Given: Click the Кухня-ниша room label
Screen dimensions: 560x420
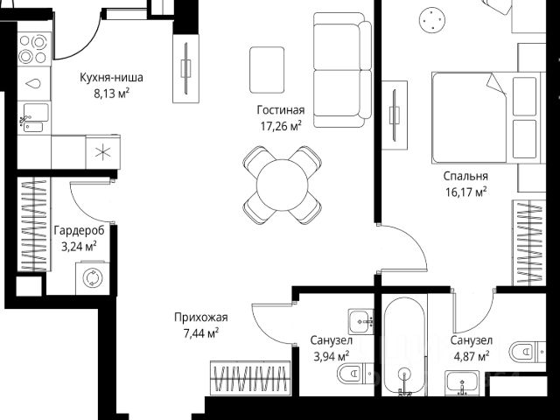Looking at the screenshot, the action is [111, 78].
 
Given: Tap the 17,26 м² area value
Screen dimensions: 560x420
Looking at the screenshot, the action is [281, 126].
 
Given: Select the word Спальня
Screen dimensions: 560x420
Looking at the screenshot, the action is [465, 176].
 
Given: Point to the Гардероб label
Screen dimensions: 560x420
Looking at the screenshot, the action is [80, 230].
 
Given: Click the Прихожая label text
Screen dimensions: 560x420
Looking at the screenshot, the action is [201, 317].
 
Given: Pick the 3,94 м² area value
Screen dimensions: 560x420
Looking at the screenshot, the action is [331, 356].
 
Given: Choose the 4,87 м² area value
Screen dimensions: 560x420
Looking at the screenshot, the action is [471, 356].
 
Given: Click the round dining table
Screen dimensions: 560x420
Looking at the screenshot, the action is [282, 185].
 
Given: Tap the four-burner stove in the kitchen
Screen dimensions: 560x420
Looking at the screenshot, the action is [34, 49].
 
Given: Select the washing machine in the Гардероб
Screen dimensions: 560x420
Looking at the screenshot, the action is [93, 278].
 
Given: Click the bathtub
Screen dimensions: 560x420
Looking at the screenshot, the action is [404, 346].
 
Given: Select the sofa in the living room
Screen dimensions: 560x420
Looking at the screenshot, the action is [342, 70].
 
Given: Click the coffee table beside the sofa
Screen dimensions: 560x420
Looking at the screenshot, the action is [267, 70].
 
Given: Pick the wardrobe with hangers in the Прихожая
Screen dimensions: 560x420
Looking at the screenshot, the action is [250, 378].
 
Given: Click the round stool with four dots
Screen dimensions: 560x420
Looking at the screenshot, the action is [432, 20].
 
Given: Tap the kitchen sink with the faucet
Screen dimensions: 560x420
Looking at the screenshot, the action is [34, 117].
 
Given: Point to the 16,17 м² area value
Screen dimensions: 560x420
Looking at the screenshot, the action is [465, 192].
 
